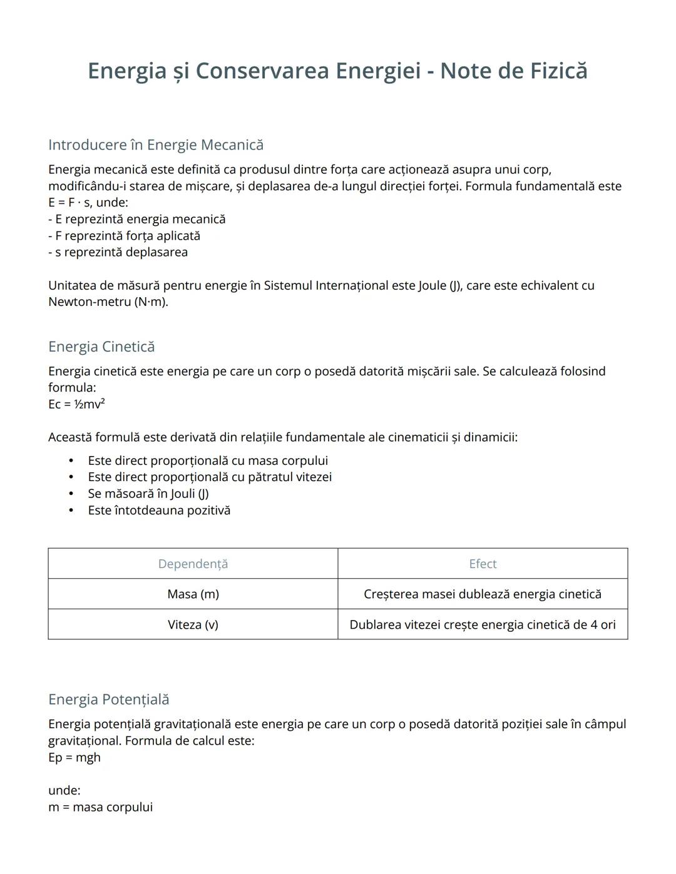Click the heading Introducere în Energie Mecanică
click(x=156, y=145)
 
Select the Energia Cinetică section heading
click(x=101, y=347)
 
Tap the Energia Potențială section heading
click(x=109, y=699)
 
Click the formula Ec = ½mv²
click(x=76, y=404)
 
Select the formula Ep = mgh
click(x=74, y=758)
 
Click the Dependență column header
click(x=193, y=564)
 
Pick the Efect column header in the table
click(x=483, y=564)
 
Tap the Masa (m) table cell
click(x=193, y=594)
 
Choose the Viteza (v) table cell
click(x=193, y=624)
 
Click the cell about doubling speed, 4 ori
click(x=483, y=624)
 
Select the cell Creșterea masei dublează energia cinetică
click(x=483, y=594)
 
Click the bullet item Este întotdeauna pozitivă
click(x=159, y=511)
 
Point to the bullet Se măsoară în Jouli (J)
click(x=148, y=494)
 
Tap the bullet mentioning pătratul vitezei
click(x=210, y=477)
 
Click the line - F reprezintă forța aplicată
click(x=125, y=236)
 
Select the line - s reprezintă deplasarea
click(x=118, y=252)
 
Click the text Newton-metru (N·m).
click(x=108, y=302)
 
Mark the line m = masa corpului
click(x=100, y=807)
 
